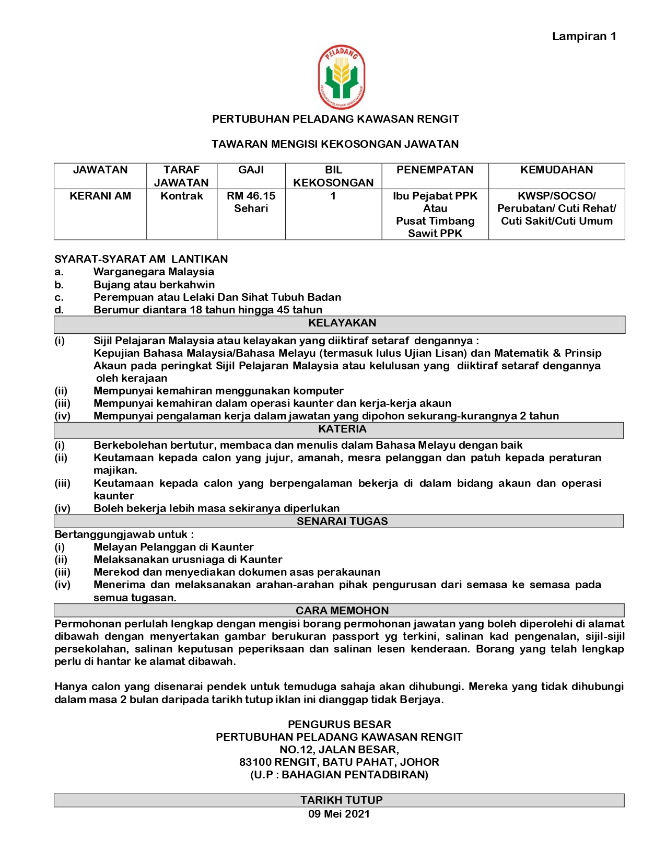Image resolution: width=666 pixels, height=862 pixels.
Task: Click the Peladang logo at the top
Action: (342, 77)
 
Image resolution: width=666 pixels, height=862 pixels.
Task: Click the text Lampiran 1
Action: (584, 37)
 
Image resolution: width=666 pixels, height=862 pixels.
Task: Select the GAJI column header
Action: (251, 170)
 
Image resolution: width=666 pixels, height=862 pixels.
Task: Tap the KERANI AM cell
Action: (100, 196)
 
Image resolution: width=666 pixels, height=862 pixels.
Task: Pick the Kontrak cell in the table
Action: (181, 196)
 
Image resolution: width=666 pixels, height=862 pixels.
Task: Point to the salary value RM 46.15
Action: (251, 196)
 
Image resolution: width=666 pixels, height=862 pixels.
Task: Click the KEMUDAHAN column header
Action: (556, 170)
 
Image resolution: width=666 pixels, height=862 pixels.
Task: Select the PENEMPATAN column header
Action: (435, 170)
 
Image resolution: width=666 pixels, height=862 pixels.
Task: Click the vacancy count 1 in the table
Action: (333, 196)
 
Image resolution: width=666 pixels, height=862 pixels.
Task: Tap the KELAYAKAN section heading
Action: (342, 323)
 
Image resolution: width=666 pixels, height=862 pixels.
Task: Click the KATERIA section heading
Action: (342, 429)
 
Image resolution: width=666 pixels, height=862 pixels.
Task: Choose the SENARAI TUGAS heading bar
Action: (342, 521)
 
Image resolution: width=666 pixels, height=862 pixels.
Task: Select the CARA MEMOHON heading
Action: (342, 611)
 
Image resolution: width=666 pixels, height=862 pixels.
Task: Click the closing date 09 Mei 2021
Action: (338, 814)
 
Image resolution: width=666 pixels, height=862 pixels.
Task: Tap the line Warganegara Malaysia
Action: (154, 272)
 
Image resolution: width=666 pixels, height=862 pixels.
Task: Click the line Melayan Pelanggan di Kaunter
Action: (173, 547)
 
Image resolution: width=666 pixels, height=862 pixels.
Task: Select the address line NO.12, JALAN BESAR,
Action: (339, 750)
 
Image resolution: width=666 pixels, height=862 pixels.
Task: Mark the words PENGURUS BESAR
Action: (339, 725)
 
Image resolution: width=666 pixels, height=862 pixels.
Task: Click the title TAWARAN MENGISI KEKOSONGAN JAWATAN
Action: (335, 144)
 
